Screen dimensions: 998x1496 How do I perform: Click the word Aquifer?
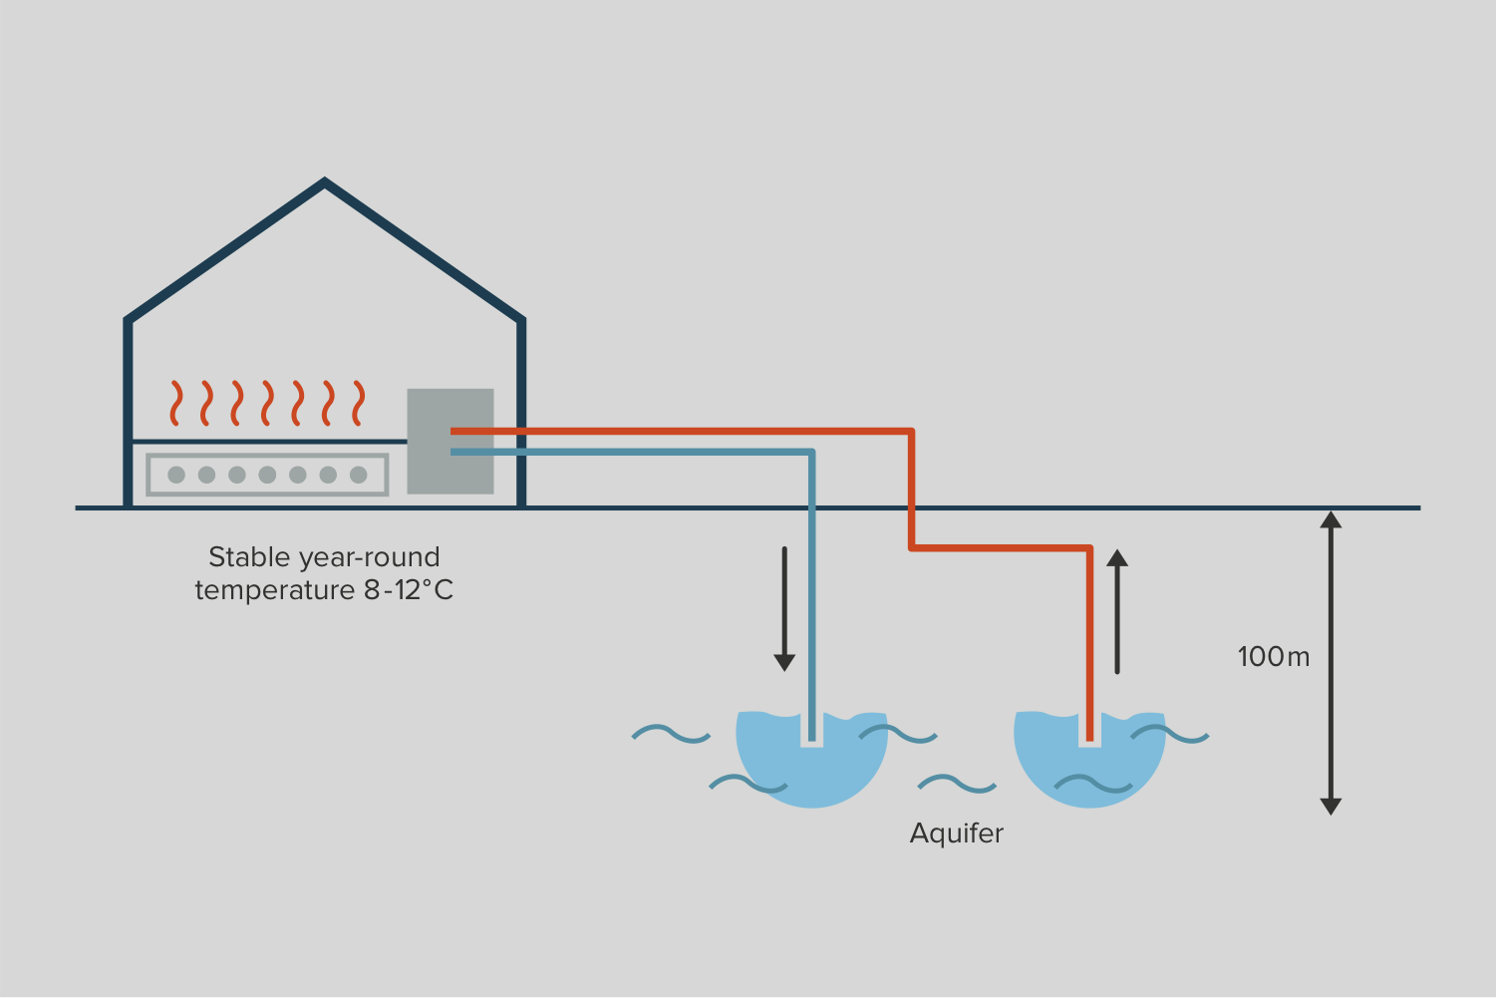[x=956, y=833]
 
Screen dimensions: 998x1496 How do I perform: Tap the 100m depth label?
[x=1273, y=657]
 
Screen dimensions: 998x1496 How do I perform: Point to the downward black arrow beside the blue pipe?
[x=784, y=608]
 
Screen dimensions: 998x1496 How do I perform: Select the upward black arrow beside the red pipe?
[x=1117, y=610]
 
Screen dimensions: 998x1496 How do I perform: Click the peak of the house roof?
[x=325, y=183]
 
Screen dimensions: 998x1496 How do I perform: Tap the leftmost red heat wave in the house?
[x=176, y=403]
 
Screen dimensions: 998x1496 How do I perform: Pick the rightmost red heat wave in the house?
[x=358, y=403]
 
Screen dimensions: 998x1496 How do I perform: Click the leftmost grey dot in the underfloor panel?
[x=176, y=475]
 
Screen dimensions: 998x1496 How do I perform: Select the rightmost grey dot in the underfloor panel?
[x=359, y=475]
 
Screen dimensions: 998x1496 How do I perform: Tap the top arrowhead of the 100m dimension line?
[x=1331, y=518]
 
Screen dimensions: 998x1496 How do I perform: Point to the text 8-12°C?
[x=409, y=590]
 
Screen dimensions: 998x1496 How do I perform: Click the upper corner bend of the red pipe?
[x=911, y=432]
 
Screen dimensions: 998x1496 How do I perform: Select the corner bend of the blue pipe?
[x=811, y=453]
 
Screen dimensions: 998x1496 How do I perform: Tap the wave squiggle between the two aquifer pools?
[x=957, y=785]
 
